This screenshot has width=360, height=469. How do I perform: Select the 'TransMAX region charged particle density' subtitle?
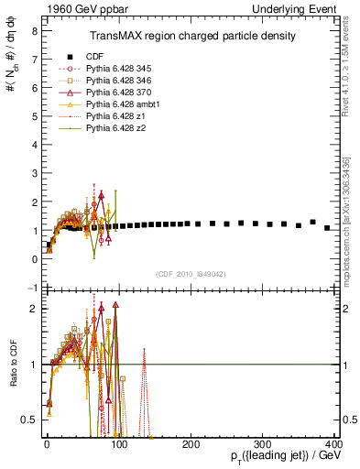tap(191, 36)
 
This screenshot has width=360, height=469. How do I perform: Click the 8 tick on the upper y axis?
tap(34, 30)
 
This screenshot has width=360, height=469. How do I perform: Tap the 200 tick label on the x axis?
tap(191, 444)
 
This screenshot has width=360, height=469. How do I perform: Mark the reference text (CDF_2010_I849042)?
tap(191, 273)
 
